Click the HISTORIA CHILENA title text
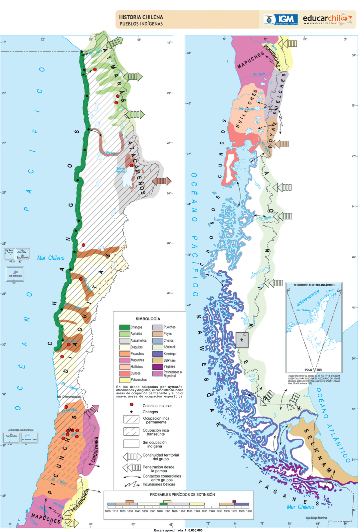[x=141, y=17]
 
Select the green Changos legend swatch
[x=124, y=327]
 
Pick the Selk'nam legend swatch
[x=158, y=360]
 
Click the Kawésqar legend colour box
[x=158, y=353]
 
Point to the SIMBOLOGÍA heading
[x=148, y=319]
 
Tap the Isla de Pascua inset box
[x=15, y=275]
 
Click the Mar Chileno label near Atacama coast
[x=51, y=258]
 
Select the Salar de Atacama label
[x=120, y=170]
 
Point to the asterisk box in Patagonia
[x=242, y=340]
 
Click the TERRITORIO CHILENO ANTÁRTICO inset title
[x=314, y=285]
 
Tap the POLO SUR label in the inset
[x=313, y=370]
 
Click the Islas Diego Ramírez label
[x=316, y=518]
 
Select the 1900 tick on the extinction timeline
[x=182, y=511]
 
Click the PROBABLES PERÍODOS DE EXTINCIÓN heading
[x=182, y=494]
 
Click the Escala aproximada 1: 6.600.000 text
[x=178, y=530]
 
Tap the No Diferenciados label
[x=69, y=397]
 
